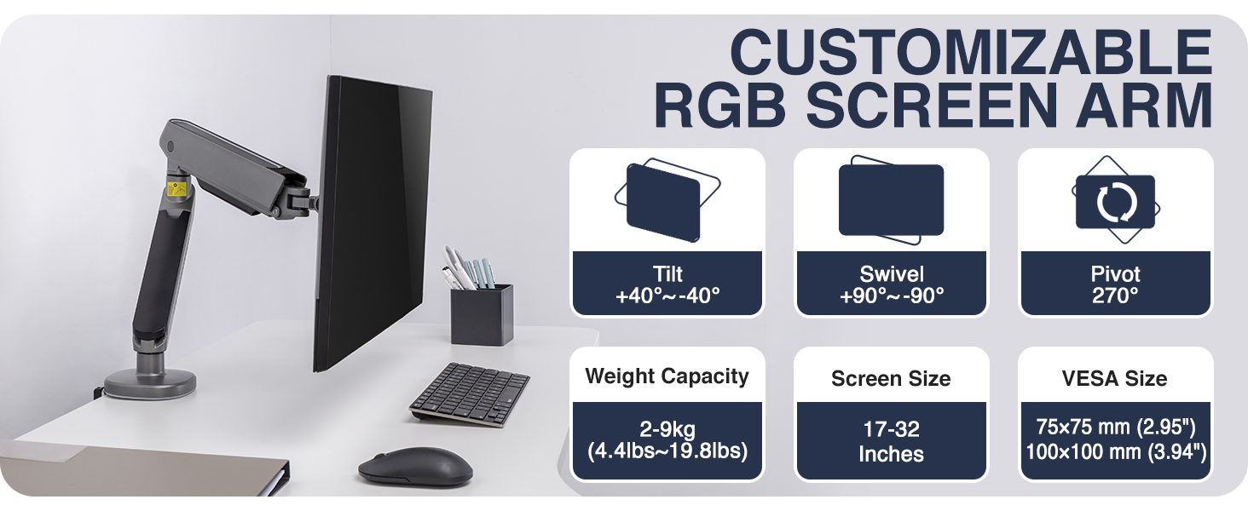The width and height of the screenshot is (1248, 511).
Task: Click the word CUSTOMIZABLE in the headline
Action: click(x=971, y=53)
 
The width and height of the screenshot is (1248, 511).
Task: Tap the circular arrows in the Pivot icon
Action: click(x=1115, y=202)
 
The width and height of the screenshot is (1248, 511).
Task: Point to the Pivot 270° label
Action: click(x=1115, y=284)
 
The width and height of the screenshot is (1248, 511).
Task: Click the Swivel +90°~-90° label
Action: click(x=891, y=284)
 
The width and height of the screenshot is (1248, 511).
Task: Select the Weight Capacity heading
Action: click(x=667, y=376)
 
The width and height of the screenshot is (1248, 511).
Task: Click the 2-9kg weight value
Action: click(x=667, y=428)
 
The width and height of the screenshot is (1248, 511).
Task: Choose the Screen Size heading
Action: click(x=891, y=378)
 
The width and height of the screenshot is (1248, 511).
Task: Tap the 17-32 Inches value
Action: click(x=891, y=441)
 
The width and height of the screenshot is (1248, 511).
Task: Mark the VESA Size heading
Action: click(x=1115, y=378)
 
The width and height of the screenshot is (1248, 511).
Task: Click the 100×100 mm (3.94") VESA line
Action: click(x=1115, y=452)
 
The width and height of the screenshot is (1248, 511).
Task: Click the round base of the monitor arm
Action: click(x=150, y=382)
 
